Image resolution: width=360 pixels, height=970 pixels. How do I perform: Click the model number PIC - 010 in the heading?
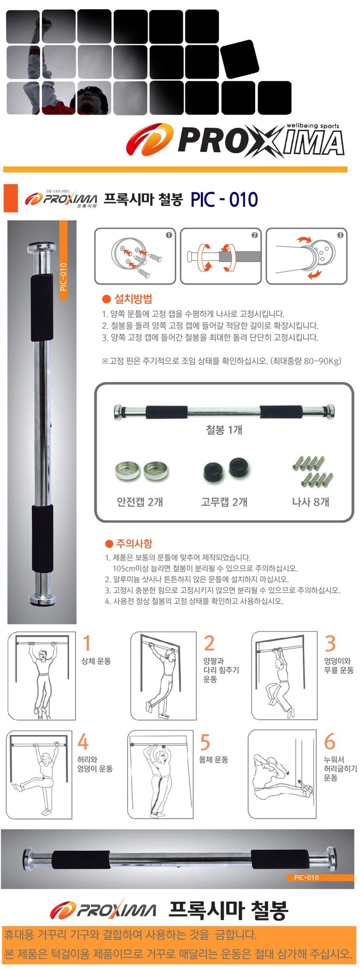point(224,200)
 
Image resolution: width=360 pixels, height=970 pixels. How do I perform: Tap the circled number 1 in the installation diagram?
point(169,235)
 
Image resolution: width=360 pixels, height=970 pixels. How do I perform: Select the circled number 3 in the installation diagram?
point(340,235)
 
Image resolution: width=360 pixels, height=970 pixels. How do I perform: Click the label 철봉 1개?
point(224,430)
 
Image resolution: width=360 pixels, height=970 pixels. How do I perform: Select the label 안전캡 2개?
point(140,502)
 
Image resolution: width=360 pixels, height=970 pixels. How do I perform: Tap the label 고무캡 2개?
point(224,502)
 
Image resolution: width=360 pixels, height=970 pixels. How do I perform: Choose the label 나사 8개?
point(311,502)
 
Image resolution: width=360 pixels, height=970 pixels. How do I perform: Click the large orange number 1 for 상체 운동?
point(86,643)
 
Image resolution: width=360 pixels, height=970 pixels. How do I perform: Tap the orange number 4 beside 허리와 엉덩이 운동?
point(83,742)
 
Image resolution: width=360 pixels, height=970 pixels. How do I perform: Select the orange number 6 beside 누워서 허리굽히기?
point(330,742)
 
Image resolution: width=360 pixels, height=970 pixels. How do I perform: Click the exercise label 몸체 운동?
point(213,760)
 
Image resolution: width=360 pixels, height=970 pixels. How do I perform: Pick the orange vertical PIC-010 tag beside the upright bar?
point(63,277)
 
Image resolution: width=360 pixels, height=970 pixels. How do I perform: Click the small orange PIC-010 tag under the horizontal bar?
point(306,877)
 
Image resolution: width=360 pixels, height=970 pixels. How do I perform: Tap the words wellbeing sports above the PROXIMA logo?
point(313,126)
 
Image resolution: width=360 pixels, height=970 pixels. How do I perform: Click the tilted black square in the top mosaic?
point(239,59)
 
